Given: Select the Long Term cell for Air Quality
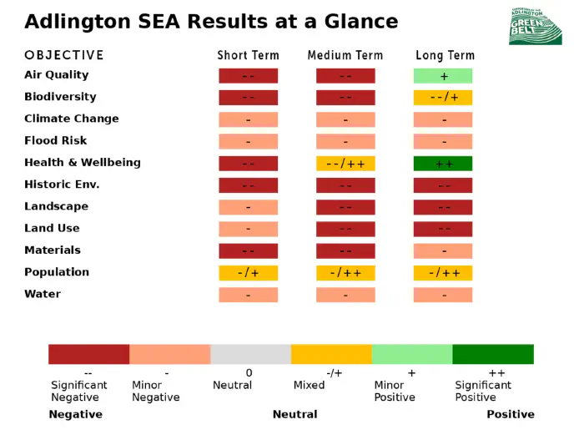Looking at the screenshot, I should tap(443, 75).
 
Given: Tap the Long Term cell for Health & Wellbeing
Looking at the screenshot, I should tap(443, 163).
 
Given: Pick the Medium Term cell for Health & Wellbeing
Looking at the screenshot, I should tap(345, 163).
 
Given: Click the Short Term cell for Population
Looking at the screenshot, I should tap(249, 272).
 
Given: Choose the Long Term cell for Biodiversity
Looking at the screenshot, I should tap(443, 97).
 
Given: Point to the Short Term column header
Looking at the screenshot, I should tap(249, 55).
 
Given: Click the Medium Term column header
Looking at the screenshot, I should tap(345, 55).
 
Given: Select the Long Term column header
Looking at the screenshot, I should tap(445, 55).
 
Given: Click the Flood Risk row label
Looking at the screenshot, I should tap(55, 140).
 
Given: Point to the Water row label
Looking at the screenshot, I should tap(43, 294).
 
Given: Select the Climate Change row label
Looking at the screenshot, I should tap(72, 119).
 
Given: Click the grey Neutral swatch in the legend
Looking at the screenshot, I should tap(250, 354).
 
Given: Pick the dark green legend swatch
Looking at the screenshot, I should tap(493, 354).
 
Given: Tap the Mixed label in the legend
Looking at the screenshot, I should tap(309, 385).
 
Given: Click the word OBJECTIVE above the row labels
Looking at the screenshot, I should tap(64, 55).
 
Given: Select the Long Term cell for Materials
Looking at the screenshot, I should tap(443, 250).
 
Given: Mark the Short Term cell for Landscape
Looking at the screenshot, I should tap(249, 206).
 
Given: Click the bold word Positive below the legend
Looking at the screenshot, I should tap(511, 414).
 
